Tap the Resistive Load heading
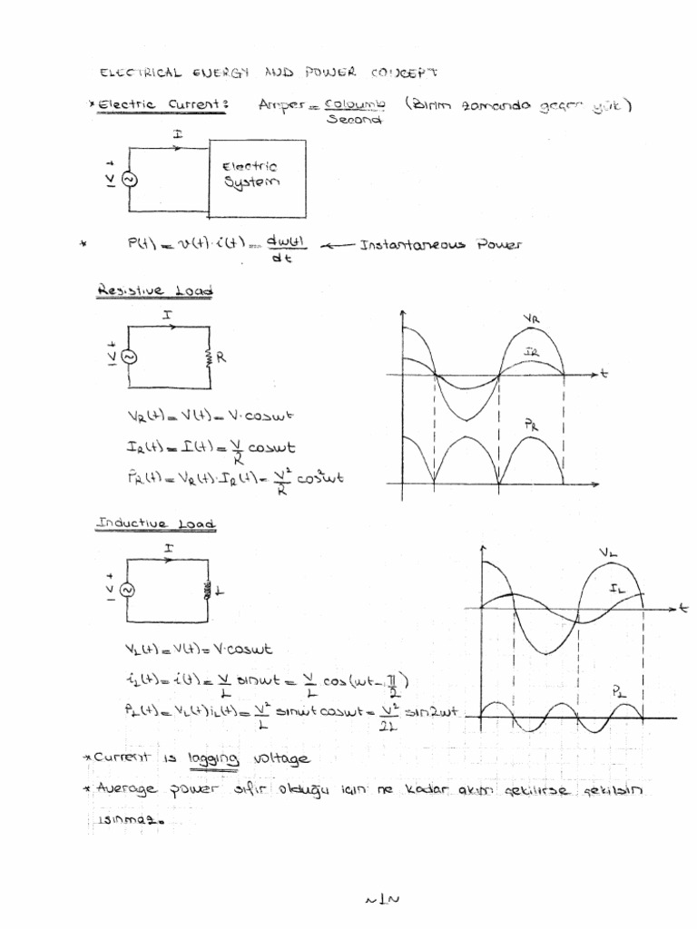point(154,291)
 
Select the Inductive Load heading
point(156,524)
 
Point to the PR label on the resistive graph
point(530,424)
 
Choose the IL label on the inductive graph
point(618,588)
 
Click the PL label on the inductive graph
point(621,691)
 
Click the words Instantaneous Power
point(441,245)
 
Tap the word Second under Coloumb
point(348,120)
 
